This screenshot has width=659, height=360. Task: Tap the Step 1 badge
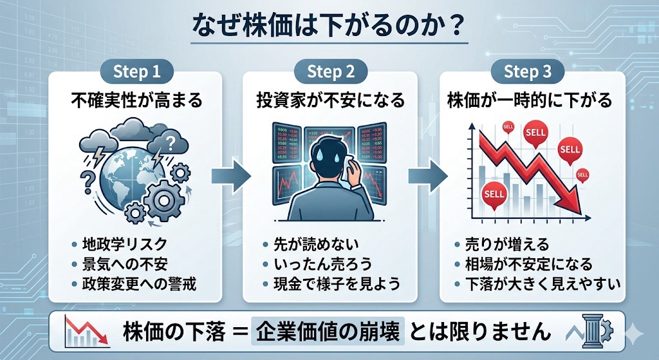point(136,71)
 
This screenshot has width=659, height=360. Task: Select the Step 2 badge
point(331,71)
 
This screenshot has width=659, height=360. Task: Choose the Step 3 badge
point(528,71)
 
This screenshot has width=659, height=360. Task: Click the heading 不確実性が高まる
point(136,100)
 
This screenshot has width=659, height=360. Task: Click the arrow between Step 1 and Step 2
point(233,175)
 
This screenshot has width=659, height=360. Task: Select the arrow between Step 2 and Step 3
point(429,175)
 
